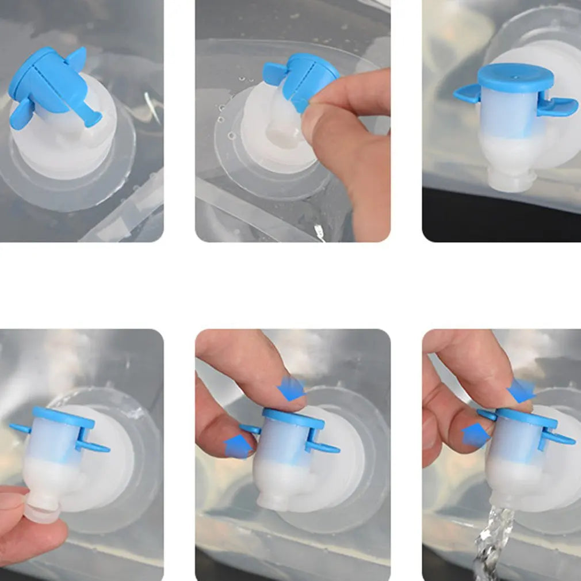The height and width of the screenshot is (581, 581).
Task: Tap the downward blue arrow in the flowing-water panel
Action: pyautogui.click(x=521, y=391)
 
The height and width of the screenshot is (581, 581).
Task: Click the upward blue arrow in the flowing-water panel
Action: pyautogui.click(x=476, y=434)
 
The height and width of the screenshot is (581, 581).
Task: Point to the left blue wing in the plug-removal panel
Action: pyautogui.click(x=21, y=428)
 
